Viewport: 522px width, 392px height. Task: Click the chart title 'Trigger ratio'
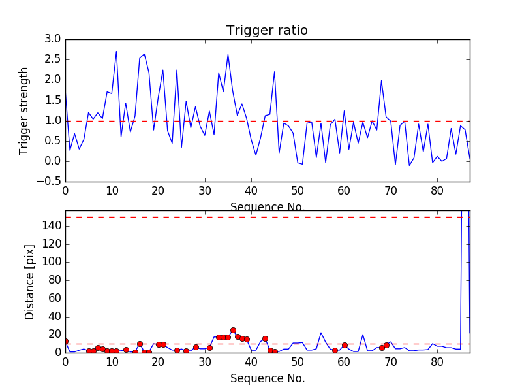pos(267,31)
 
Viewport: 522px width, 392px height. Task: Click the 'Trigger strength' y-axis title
pos(24,110)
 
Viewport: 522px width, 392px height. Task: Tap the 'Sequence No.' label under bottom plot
pos(267,378)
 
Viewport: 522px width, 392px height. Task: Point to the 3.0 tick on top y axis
pos(53,39)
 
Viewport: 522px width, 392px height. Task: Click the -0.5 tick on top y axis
pos(50,181)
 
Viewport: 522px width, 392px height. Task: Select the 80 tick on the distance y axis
pos(54,280)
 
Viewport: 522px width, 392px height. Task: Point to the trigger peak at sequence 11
pos(116,52)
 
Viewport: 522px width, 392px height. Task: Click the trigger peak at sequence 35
pos(228,54)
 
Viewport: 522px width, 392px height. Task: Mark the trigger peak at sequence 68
pos(382,81)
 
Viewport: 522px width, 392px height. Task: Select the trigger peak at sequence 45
pos(275,72)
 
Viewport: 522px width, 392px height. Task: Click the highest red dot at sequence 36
pos(233,330)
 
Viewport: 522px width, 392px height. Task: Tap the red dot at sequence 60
pos(345,345)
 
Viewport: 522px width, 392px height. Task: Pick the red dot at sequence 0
pos(65,341)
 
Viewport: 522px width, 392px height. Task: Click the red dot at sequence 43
pos(265,338)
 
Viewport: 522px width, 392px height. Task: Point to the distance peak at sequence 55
pos(321,333)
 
